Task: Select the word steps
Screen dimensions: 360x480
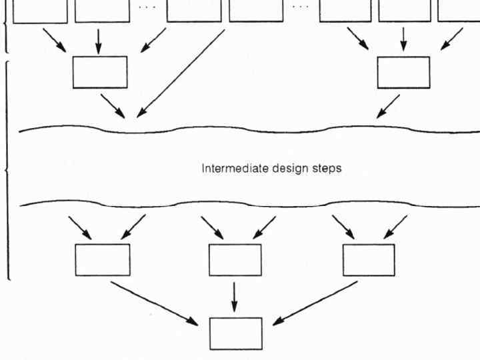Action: [324, 169]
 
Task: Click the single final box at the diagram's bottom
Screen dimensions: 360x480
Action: [236, 333]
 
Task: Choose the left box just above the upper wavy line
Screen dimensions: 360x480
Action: [100, 72]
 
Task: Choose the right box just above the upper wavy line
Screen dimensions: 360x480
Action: [403, 72]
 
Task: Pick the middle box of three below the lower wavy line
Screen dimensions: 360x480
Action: [235, 259]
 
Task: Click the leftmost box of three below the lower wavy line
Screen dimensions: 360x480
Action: [103, 259]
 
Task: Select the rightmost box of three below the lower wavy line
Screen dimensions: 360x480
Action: [369, 259]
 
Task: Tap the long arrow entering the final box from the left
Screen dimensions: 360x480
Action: [155, 303]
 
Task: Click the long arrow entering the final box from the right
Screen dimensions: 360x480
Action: [315, 303]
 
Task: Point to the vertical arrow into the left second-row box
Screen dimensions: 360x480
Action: [99, 40]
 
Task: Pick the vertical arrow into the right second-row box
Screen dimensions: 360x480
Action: [403, 40]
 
